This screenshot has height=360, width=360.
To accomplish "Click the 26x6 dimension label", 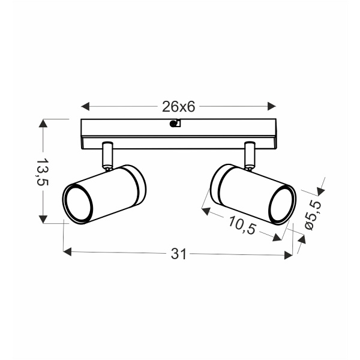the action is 178,107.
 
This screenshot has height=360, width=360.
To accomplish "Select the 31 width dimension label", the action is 178,254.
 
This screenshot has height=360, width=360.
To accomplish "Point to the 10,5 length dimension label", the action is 242,225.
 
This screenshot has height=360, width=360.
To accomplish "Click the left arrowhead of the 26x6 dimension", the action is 85,107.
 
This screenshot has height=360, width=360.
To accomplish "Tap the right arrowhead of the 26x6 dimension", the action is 272,106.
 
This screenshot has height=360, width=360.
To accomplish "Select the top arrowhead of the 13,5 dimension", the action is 43,124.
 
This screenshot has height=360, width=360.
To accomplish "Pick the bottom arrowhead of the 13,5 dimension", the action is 43,219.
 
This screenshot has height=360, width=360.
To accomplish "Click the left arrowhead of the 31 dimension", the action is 67,251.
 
